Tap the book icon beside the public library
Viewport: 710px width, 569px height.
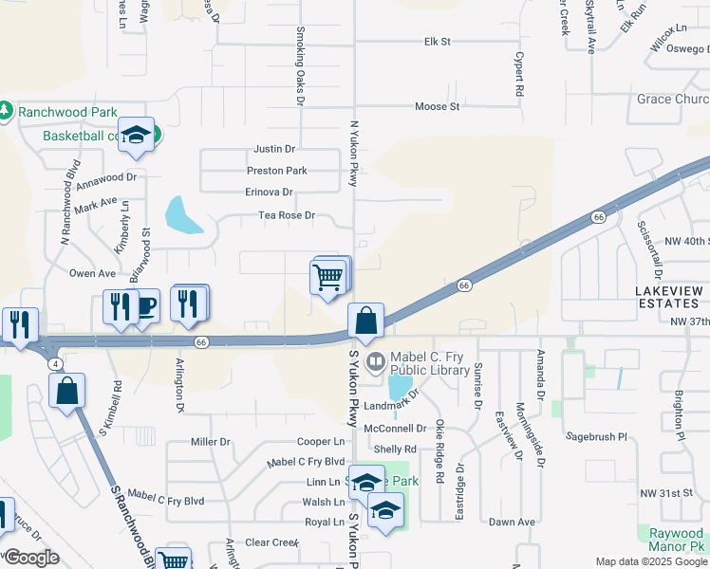(x=376, y=360)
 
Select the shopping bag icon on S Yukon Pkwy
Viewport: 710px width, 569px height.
(x=365, y=322)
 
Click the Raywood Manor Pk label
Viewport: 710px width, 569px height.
(x=676, y=541)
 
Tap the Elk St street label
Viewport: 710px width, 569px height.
(x=437, y=42)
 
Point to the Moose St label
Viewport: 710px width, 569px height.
(x=437, y=106)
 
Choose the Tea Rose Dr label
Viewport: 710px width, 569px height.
(x=287, y=216)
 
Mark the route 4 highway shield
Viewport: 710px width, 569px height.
(x=58, y=364)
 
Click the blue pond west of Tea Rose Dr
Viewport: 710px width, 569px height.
(x=182, y=215)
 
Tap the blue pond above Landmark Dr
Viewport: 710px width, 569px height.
(x=401, y=386)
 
